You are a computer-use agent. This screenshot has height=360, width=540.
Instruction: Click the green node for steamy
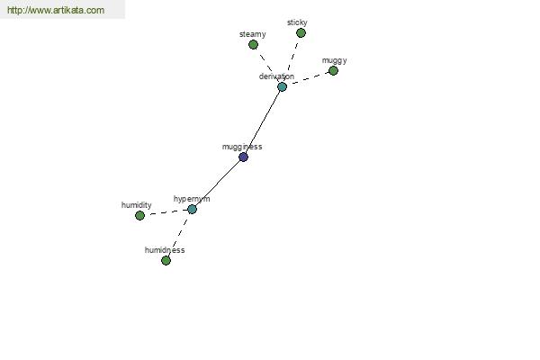coord(253,44)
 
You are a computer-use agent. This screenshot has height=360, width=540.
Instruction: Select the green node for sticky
coord(301,32)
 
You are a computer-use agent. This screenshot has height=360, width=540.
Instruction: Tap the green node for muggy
coord(333,70)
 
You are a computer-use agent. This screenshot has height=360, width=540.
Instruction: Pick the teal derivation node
coord(282,86)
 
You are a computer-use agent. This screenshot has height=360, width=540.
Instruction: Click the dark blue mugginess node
coord(243,157)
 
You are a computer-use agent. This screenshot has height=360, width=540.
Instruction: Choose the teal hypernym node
coord(192,209)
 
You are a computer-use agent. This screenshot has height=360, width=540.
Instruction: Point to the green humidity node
coord(139,216)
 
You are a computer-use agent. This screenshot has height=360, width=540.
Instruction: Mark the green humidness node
coord(166,260)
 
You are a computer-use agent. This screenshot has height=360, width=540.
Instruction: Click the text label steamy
coord(252,34)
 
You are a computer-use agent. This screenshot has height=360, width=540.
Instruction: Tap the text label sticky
coord(297,22)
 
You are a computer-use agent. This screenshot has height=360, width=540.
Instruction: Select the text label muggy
coord(334,60)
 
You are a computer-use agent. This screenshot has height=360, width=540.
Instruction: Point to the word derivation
coord(276,76)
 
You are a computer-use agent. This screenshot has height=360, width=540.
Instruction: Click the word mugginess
coord(242,147)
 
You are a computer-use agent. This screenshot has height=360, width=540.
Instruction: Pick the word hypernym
coord(192,199)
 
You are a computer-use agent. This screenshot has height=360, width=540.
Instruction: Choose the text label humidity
coord(137,205)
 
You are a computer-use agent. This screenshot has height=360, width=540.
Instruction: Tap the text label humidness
coord(165,250)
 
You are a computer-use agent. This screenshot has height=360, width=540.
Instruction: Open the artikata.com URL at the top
coord(56,10)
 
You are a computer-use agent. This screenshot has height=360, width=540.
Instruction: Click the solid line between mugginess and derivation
coord(263,122)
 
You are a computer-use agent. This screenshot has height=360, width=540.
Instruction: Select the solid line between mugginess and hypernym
coord(218,184)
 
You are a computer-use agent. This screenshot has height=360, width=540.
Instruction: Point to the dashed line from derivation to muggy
coord(308,79)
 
